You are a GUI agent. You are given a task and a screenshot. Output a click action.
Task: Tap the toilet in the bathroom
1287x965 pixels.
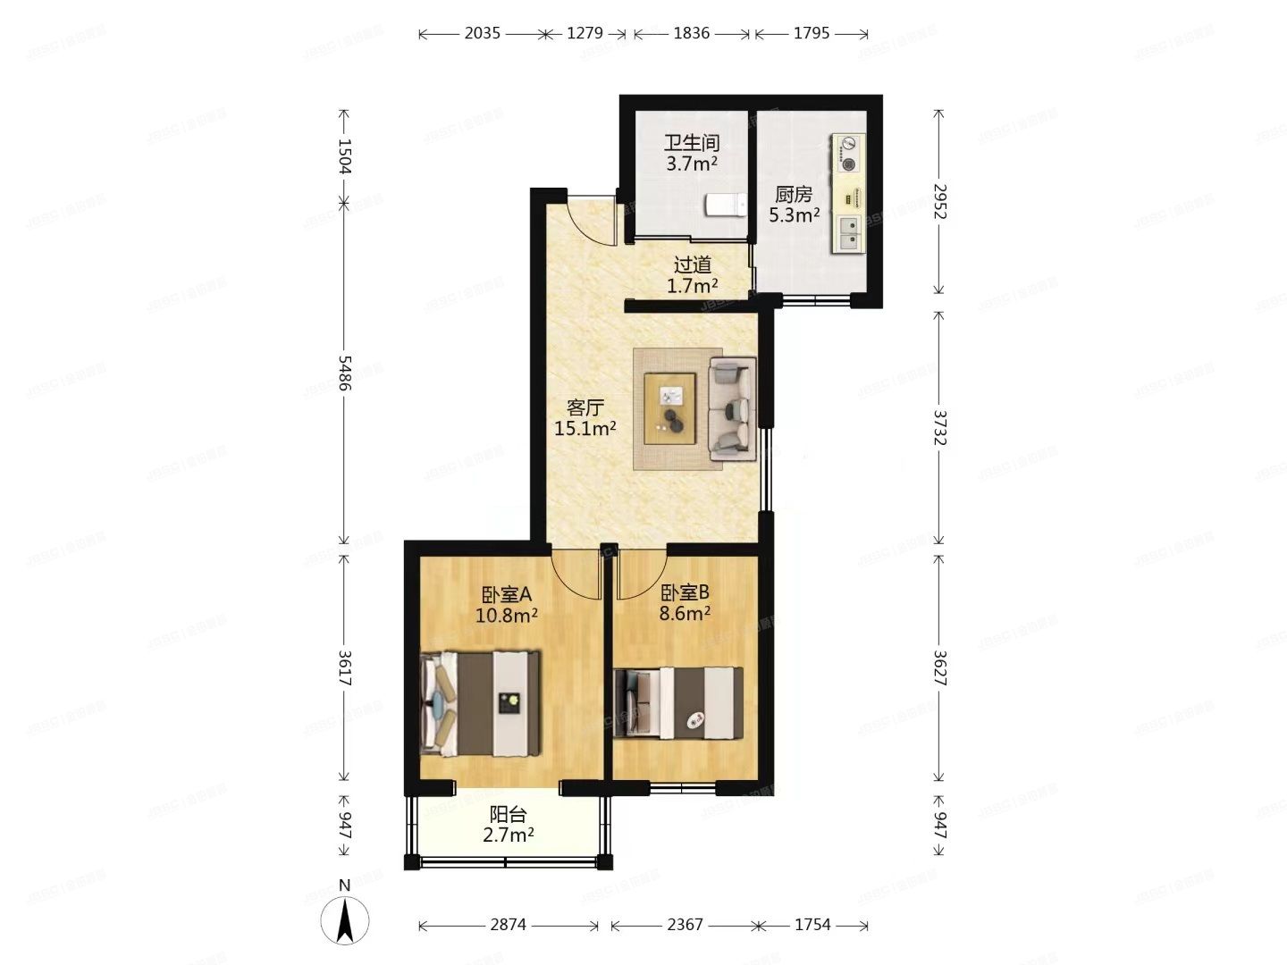click(x=726, y=206)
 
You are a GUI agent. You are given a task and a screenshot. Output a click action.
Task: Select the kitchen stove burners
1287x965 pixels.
click(x=847, y=153)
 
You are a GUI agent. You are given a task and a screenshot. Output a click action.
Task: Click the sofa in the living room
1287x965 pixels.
click(x=732, y=409)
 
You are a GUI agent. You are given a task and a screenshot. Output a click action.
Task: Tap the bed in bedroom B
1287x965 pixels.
click(x=678, y=703)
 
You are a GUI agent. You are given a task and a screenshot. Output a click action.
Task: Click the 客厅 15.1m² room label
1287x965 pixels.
click(x=585, y=418)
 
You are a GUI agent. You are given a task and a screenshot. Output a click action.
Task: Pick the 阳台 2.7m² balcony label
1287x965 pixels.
click(x=508, y=825)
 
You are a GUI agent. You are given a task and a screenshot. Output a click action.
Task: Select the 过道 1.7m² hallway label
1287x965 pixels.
click(x=693, y=275)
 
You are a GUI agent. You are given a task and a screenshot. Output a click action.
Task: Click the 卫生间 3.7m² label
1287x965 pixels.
click(x=692, y=153)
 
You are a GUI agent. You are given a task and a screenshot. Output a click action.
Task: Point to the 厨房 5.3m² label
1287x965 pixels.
click(x=794, y=205)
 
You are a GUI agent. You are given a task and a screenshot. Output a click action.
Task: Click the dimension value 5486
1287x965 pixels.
click(x=345, y=373)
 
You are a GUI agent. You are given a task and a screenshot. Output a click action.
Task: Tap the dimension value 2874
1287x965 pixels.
click(x=508, y=925)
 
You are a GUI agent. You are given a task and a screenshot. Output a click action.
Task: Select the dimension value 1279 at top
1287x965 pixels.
click(x=585, y=33)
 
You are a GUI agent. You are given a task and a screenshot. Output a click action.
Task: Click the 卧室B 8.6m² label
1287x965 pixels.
click(x=686, y=602)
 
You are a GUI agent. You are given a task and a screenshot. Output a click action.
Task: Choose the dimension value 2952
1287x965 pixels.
click(x=938, y=202)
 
